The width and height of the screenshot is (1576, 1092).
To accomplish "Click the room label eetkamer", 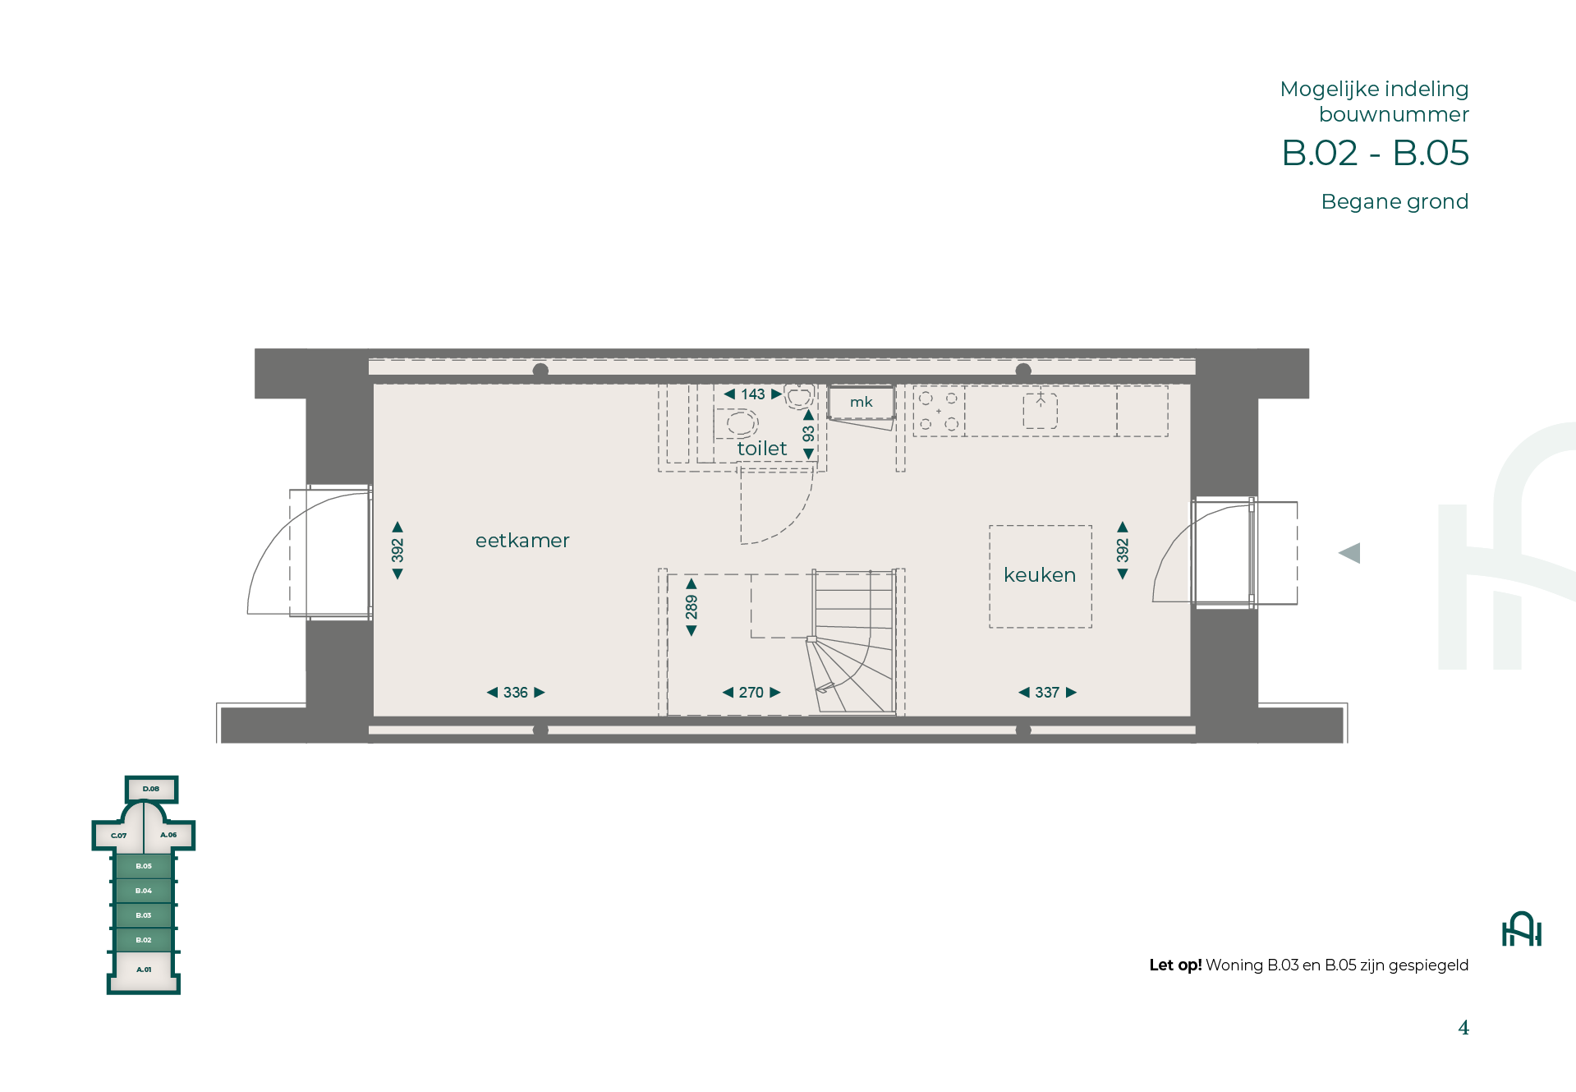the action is point(522,541).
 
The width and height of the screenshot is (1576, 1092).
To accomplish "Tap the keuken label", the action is point(1040,575).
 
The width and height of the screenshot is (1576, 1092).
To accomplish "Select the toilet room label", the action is point(762,449).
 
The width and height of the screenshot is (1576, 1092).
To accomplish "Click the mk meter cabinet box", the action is point(861,403).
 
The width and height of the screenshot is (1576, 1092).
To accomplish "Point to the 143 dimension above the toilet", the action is point(753,394).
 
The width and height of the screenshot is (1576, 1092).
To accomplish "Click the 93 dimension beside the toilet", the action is point(808,434).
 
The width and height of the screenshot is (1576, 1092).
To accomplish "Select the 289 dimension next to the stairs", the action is point(692,607).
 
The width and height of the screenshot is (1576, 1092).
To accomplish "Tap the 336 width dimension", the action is point(516,693).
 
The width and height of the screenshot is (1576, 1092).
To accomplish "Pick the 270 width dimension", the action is point(751,693).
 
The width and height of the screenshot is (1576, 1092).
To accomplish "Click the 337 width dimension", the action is point(1047,693).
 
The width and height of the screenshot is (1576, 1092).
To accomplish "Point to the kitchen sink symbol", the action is point(1041,410).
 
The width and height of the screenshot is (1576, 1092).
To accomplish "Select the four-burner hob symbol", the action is point(939,411).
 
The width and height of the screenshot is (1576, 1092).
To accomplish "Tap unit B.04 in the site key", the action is point(144,891).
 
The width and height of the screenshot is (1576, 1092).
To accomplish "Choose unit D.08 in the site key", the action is point(151,789).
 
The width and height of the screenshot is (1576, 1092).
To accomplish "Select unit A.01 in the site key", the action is point(144,970).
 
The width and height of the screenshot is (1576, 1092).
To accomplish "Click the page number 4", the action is point(1463,1028).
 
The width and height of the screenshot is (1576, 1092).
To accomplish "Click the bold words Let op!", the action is point(1175,965).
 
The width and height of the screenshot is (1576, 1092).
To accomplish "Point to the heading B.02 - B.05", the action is point(1376,153).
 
